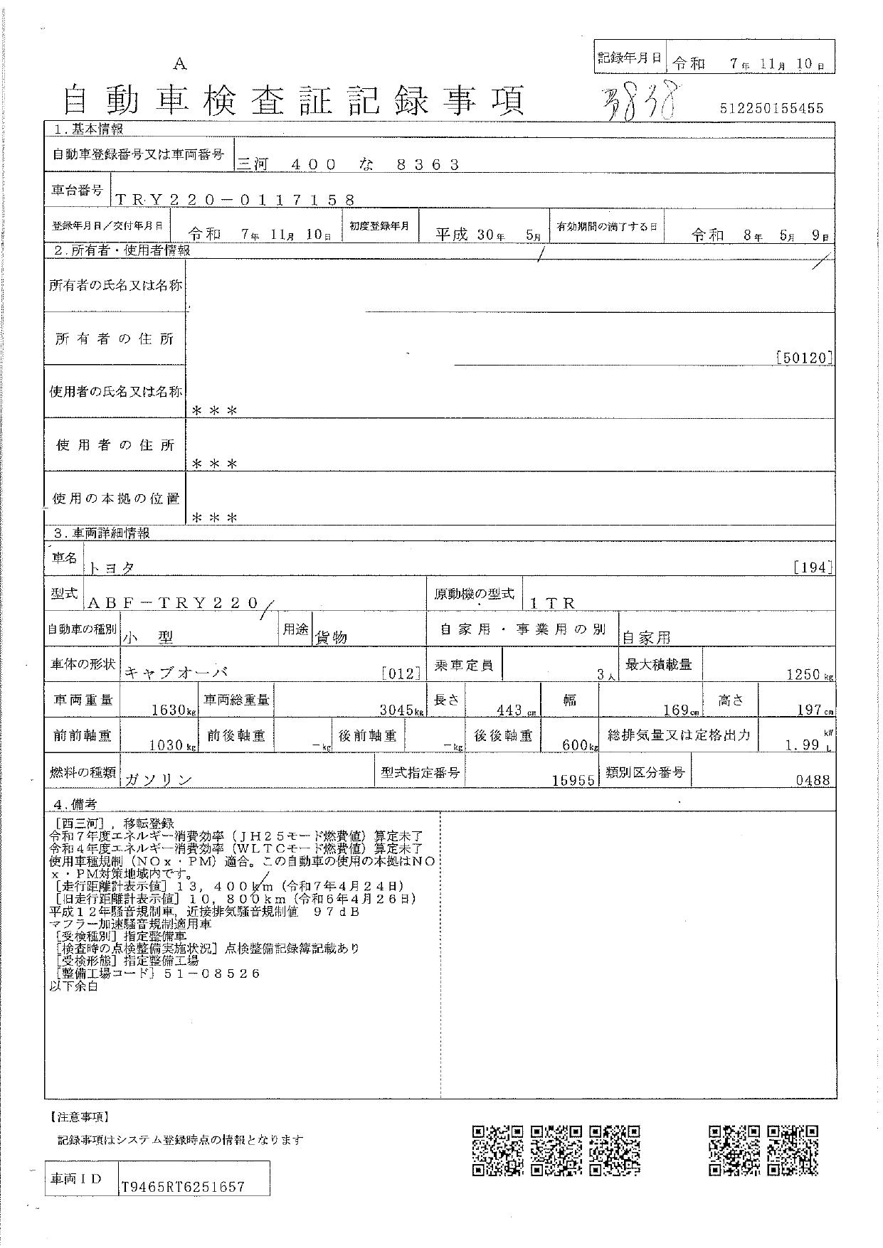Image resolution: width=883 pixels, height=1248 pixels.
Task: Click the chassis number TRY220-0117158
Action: [x=234, y=200]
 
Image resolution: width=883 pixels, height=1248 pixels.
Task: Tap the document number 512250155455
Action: [x=771, y=108]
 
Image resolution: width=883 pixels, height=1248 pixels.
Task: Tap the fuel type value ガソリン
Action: [x=159, y=779]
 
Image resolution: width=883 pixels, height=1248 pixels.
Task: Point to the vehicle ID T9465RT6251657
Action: [x=183, y=1187]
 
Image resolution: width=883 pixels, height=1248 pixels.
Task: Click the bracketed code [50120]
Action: [x=803, y=358]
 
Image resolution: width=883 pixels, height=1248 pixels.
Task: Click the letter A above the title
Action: [x=180, y=65]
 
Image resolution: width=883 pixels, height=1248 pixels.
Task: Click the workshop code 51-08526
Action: [x=212, y=974]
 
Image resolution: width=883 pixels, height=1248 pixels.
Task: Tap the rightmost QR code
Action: [x=793, y=1150]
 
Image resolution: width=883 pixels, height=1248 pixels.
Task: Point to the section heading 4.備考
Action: [x=75, y=804]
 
